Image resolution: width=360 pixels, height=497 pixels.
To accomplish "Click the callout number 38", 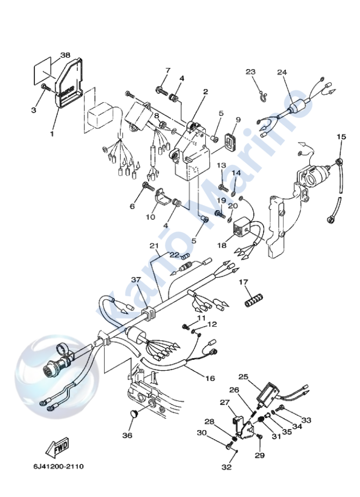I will pos(65,56).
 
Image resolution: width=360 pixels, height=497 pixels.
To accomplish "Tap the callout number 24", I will pos(282,72).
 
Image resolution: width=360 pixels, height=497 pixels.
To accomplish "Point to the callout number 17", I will pos(243,282).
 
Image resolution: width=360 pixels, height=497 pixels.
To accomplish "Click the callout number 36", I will pos(127,435).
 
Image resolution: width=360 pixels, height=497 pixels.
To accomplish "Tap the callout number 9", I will pos(238,120).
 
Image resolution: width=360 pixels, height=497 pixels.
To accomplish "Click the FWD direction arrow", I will pos(56,447).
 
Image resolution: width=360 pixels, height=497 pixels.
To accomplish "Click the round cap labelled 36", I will pos(133,415).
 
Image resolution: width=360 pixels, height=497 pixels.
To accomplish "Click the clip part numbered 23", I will pos(262,97).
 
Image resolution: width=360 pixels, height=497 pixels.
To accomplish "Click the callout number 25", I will pos(243,377).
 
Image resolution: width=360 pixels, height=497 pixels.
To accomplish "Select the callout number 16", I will pos(210,378).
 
